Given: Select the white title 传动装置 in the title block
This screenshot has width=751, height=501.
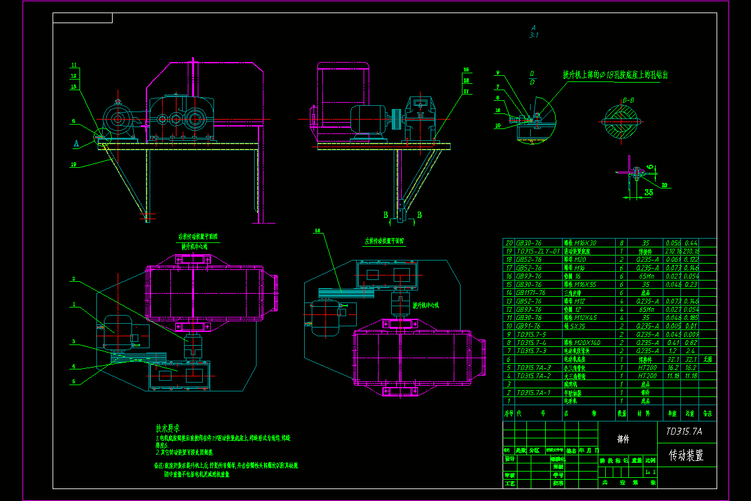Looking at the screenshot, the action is tap(686, 456).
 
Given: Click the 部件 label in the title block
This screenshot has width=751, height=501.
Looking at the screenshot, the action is tap(623, 440).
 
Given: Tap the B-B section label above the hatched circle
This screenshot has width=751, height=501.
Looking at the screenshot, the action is tap(628, 100).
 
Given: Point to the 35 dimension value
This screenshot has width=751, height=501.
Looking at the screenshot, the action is tap(648, 192).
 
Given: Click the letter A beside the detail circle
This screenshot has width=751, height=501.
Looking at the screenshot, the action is tap(76, 143).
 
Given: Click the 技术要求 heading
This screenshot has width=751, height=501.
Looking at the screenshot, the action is tap(168, 428).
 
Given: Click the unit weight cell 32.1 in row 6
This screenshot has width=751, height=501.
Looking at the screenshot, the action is tap(673, 359).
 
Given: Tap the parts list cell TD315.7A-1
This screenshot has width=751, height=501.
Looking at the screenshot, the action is tap(533, 393).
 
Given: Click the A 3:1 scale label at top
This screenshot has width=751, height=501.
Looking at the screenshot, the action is tap(534, 31).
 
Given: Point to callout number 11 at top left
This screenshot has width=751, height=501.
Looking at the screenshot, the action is tap(73, 65).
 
